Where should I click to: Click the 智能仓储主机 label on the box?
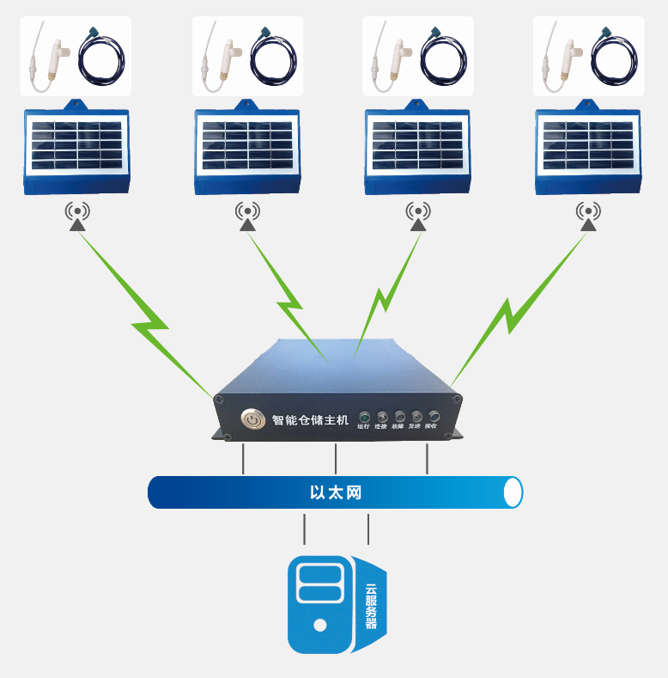[x=310, y=420]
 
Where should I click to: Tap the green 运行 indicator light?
[x=363, y=416]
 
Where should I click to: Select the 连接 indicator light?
[x=382, y=416]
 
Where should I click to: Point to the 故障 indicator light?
[x=399, y=416]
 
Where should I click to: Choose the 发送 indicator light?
[x=416, y=416]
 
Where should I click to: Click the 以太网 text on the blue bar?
[x=336, y=493]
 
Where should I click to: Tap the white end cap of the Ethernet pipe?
[x=513, y=492]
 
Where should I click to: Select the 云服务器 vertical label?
[x=371, y=607]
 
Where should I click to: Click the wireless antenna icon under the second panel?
[x=247, y=216]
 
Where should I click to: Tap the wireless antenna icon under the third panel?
[x=418, y=216]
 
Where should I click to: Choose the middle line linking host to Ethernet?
[x=336, y=459]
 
